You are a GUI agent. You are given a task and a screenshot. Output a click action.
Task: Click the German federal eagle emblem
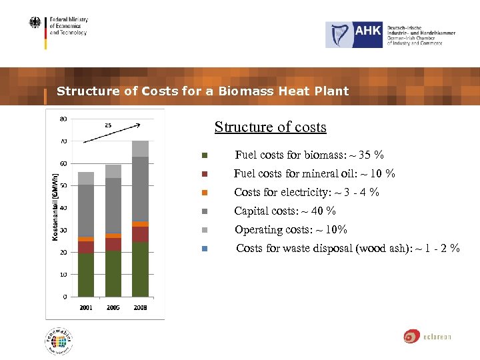coord(35,23)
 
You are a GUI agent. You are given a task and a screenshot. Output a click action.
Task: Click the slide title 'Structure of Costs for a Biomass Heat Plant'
coord(203,91)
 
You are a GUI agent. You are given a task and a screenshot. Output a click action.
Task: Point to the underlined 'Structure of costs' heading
coord(270,127)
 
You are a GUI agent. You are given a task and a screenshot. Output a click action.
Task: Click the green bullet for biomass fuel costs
coord(205,156)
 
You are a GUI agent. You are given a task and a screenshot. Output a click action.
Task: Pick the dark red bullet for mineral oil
coord(205,175)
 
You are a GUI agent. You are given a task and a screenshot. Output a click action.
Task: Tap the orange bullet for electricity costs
coord(205,193)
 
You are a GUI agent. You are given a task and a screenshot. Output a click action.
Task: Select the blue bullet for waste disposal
coord(205,249)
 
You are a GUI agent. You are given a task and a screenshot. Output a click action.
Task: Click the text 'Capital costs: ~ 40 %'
coord(285,211)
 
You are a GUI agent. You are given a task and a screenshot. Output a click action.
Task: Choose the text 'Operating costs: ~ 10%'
coord(290,230)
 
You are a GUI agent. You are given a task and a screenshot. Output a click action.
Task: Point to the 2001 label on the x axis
coord(86,308)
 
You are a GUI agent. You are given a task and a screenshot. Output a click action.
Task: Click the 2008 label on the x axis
coord(140,308)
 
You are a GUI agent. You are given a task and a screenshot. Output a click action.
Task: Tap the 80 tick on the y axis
coord(63,119)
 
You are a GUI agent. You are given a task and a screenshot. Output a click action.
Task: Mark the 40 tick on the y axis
coord(63,208)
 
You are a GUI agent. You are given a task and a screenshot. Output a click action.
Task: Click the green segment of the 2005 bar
coord(113,273)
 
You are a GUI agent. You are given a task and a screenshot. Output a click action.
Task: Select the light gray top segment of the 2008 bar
coord(140,149)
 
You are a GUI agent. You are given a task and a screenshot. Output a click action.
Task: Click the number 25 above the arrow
coord(107,125)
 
